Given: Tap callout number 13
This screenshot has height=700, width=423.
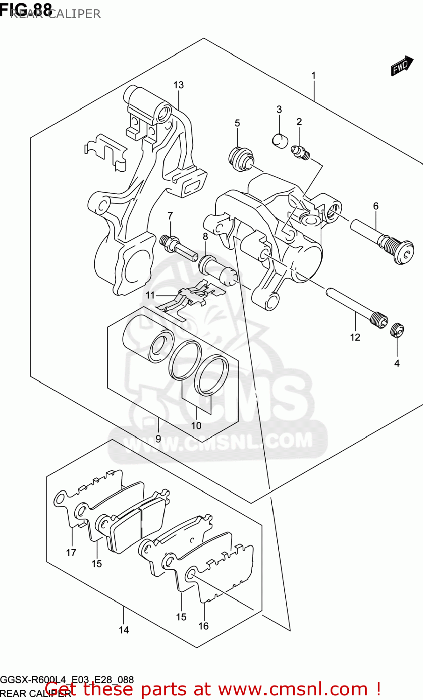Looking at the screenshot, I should (178, 85).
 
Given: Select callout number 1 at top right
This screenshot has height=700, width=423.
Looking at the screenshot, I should (313, 76).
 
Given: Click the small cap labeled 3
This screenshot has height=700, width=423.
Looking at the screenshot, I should (280, 140).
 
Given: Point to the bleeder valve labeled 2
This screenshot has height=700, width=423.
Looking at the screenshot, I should (301, 153).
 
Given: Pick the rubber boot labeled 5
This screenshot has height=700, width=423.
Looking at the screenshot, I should (241, 158).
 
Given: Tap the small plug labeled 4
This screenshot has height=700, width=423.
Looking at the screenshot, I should (397, 330).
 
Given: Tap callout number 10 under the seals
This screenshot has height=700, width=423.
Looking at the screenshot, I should (196, 425).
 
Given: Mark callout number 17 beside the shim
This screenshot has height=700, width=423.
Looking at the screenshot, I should (71, 553).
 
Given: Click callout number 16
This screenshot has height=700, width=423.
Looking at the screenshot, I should (204, 626).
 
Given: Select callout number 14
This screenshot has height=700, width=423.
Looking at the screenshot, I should (123, 630).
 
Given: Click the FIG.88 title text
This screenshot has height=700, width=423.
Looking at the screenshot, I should (26, 9).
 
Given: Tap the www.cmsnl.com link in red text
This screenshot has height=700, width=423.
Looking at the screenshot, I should (293, 689).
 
